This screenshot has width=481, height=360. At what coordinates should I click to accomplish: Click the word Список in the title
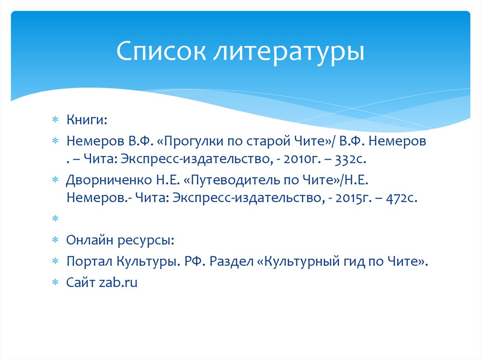tap(160, 52)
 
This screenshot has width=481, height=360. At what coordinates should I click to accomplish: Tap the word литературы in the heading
tap(287, 52)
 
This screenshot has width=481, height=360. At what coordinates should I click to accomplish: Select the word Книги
tap(86, 120)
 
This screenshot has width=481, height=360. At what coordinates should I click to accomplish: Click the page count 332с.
tap(350, 160)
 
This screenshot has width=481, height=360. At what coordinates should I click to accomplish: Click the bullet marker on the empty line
tap(55, 219)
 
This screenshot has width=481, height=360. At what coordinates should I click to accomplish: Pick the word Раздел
tap(232, 261)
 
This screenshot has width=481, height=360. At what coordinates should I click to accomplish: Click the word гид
tap(349, 261)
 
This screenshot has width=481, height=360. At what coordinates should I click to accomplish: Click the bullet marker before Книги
tap(55, 121)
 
